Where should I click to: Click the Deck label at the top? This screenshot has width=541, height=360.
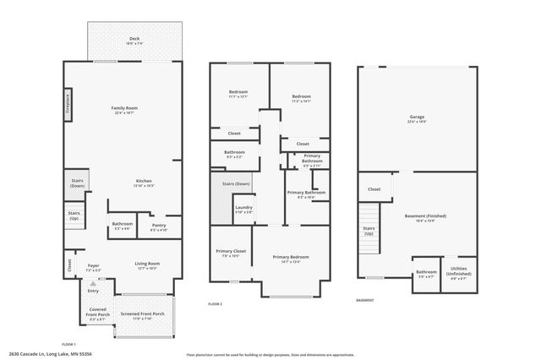tap(134, 40)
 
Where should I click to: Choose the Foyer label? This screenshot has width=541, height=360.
tap(94, 267)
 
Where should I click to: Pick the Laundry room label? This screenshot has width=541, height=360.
tap(243, 209)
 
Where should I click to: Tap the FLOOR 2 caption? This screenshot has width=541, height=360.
tap(215, 303)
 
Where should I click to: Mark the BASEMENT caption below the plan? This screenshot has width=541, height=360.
tap(364, 300)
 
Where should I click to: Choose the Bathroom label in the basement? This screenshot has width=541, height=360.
tap(425, 274)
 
